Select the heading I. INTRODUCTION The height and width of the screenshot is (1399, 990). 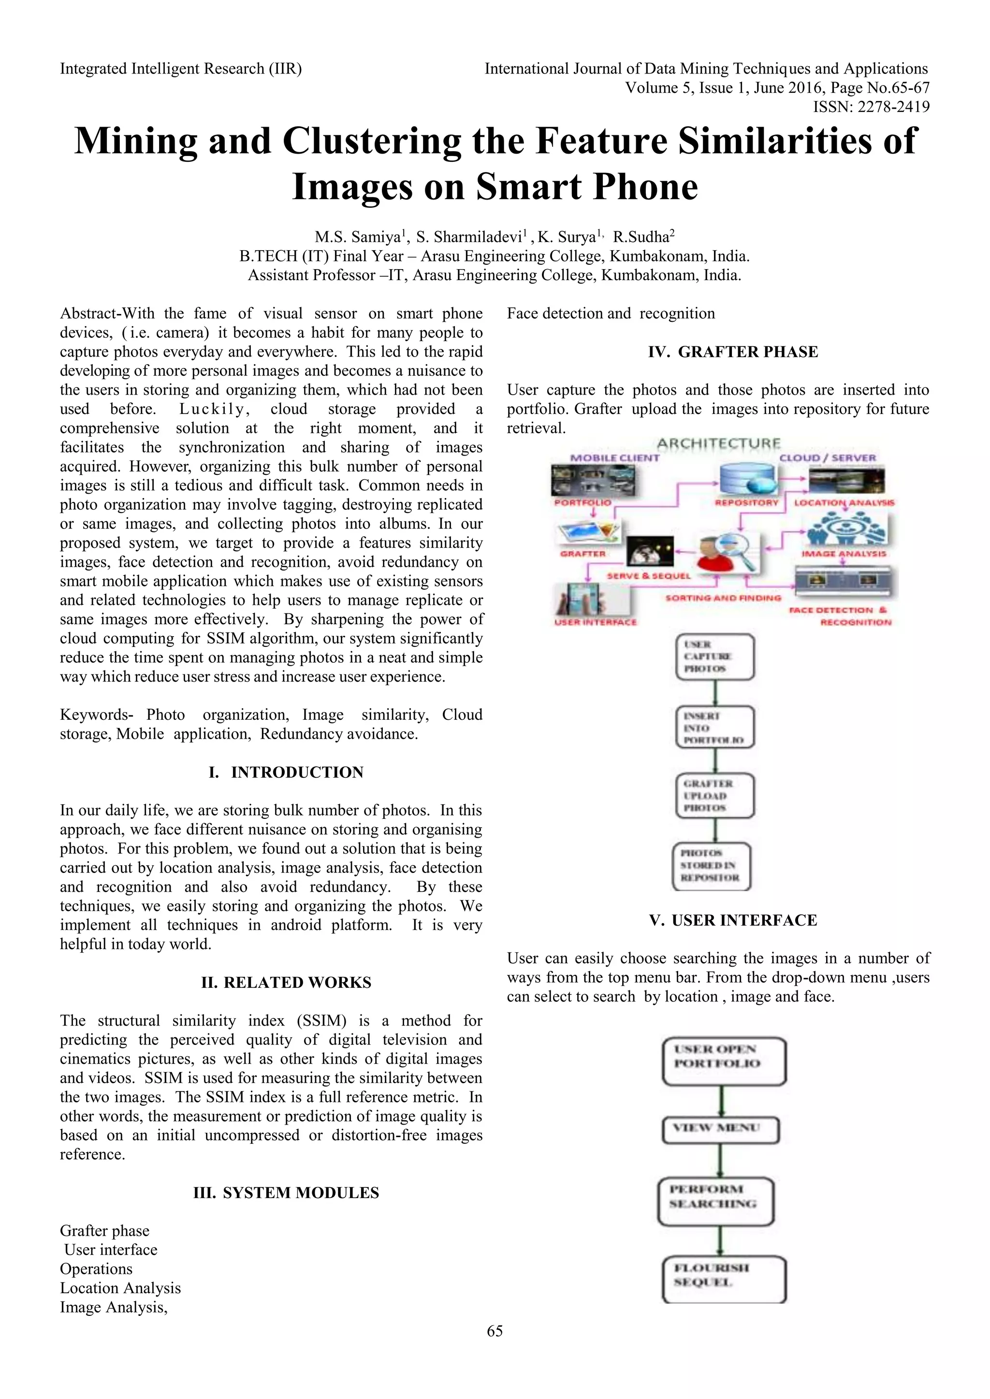[x=285, y=772]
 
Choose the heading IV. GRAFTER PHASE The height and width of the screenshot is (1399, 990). [x=733, y=352]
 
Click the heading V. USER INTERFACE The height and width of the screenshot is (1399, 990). [x=733, y=920]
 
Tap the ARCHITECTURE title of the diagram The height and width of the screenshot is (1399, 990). [x=718, y=443]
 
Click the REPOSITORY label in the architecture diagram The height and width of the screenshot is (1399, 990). [x=747, y=503]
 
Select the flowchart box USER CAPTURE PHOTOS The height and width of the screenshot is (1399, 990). [x=715, y=657]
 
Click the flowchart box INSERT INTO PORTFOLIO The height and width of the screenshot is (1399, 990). [x=715, y=728]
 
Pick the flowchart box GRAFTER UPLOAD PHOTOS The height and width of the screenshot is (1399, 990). [x=715, y=796]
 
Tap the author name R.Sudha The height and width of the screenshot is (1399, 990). [x=642, y=237]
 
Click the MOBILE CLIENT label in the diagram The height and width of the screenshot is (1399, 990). [x=614, y=457]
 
